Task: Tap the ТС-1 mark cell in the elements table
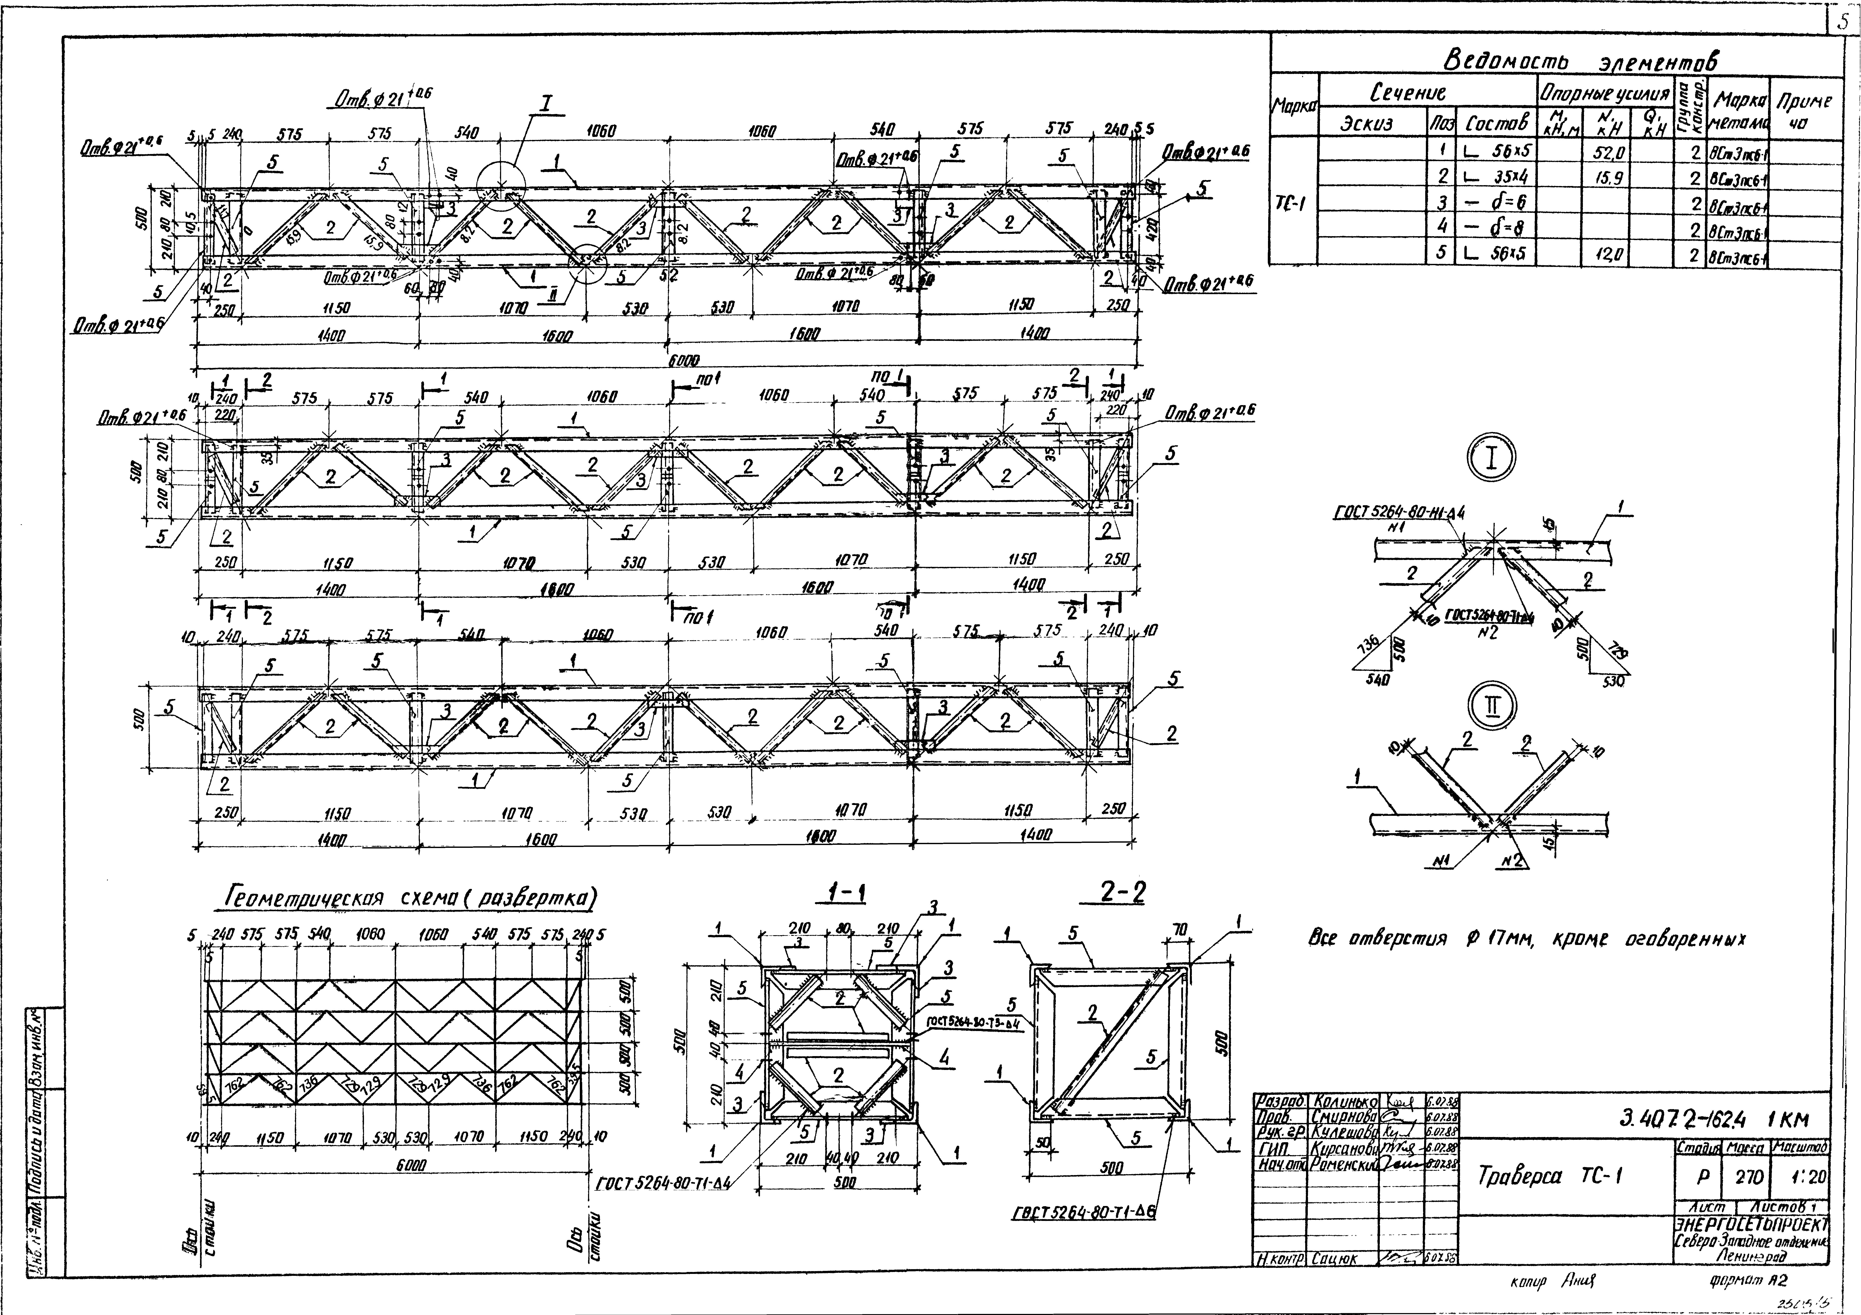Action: point(1294,203)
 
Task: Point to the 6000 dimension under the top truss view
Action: point(683,360)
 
